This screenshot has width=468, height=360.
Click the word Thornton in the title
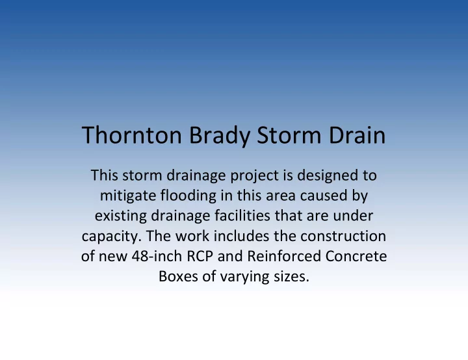coord(131,135)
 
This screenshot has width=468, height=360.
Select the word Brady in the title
coord(220,136)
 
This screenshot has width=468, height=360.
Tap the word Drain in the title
coord(357,135)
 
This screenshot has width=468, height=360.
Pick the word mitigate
coord(128,196)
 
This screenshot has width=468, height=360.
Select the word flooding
coord(188,196)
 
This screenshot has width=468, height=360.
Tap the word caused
coord(324,196)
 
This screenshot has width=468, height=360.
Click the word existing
coord(121,216)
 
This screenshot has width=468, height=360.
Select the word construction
coord(343,236)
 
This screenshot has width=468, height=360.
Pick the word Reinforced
coord(284,256)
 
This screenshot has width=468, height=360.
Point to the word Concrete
coord(356,257)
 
